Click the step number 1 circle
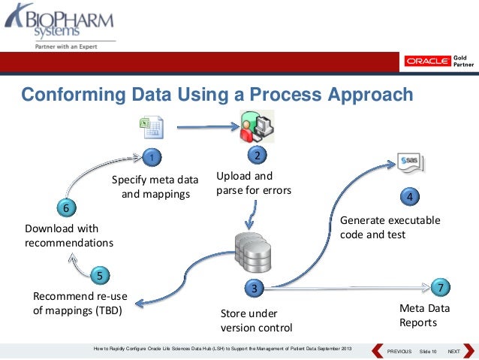click(x=151, y=157)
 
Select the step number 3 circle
click(x=255, y=288)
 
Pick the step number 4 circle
click(x=409, y=197)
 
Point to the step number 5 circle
click(x=100, y=274)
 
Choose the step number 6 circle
click(x=66, y=207)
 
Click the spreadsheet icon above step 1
click(x=150, y=127)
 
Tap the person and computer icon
click(x=255, y=126)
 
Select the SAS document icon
click(x=410, y=161)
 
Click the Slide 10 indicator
click(x=428, y=352)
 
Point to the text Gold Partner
click(x=463, y=62)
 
